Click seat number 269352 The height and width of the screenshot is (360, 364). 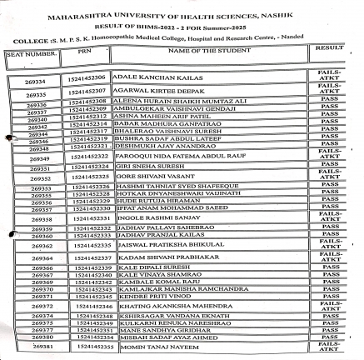(40, 177)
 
